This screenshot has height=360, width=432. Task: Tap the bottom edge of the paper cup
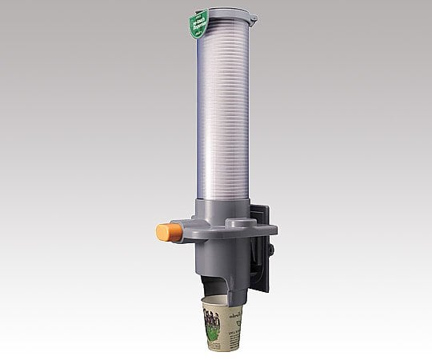pyautogui.click(x=224, y=350)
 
